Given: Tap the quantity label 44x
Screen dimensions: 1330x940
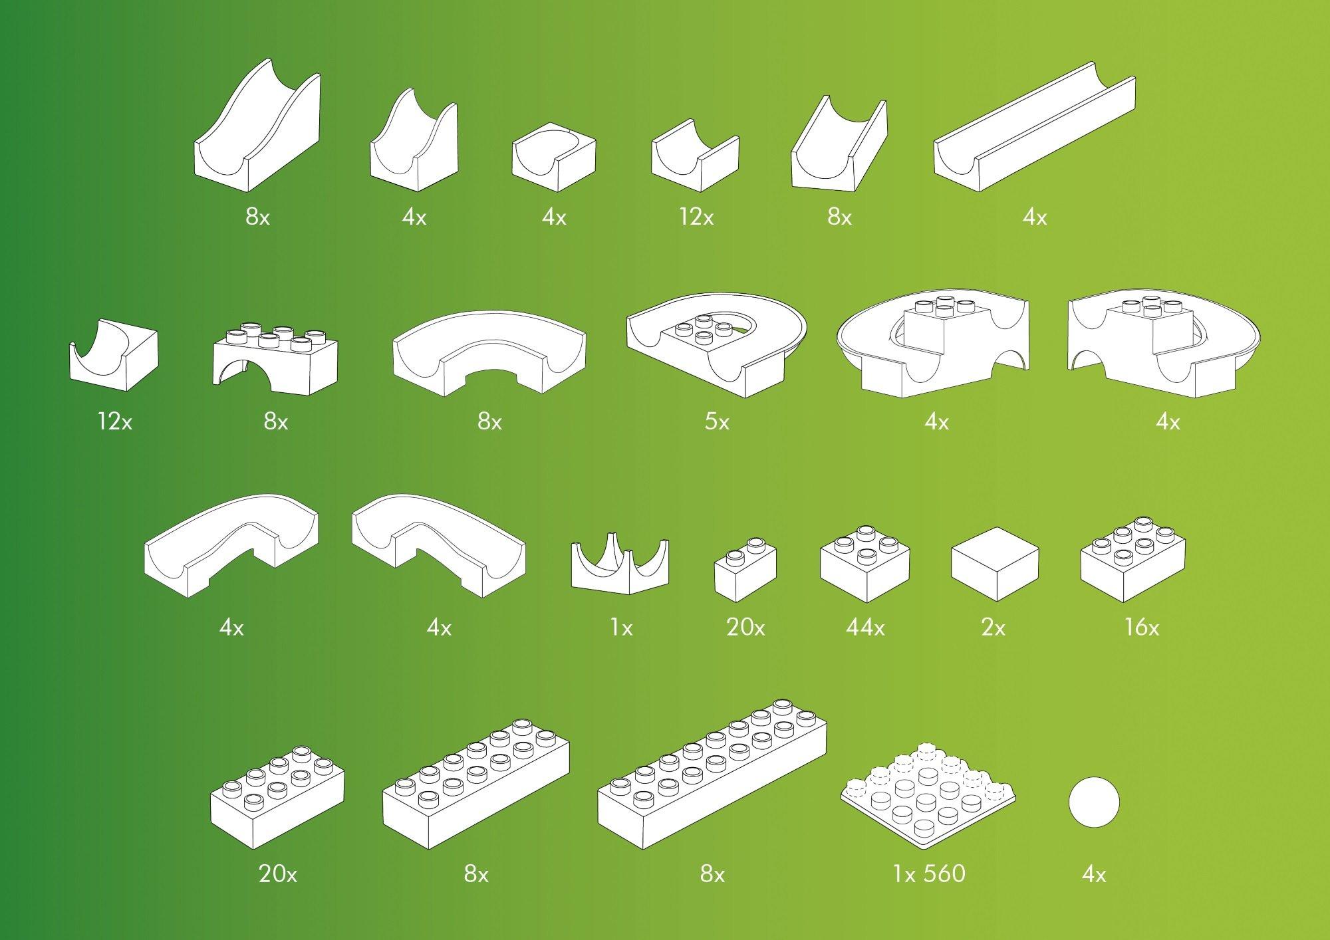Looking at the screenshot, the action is coord(865,628).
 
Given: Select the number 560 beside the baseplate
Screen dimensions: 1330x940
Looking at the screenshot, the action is coord(944,873).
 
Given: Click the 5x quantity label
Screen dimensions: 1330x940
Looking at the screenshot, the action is coord(717,421).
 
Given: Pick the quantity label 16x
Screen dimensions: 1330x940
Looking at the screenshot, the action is coord(1141,628).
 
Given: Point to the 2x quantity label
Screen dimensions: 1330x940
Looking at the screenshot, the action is coord(993,628).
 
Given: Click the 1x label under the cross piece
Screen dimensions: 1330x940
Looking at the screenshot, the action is coord(621,628).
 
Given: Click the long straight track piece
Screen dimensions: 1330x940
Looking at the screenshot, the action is coord(1034,128).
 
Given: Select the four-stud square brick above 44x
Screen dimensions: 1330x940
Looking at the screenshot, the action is coord(864,562).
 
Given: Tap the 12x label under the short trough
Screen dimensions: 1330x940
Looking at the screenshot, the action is coord(696,217).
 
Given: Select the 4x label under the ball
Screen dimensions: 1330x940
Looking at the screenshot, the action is coord(1094,874).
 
